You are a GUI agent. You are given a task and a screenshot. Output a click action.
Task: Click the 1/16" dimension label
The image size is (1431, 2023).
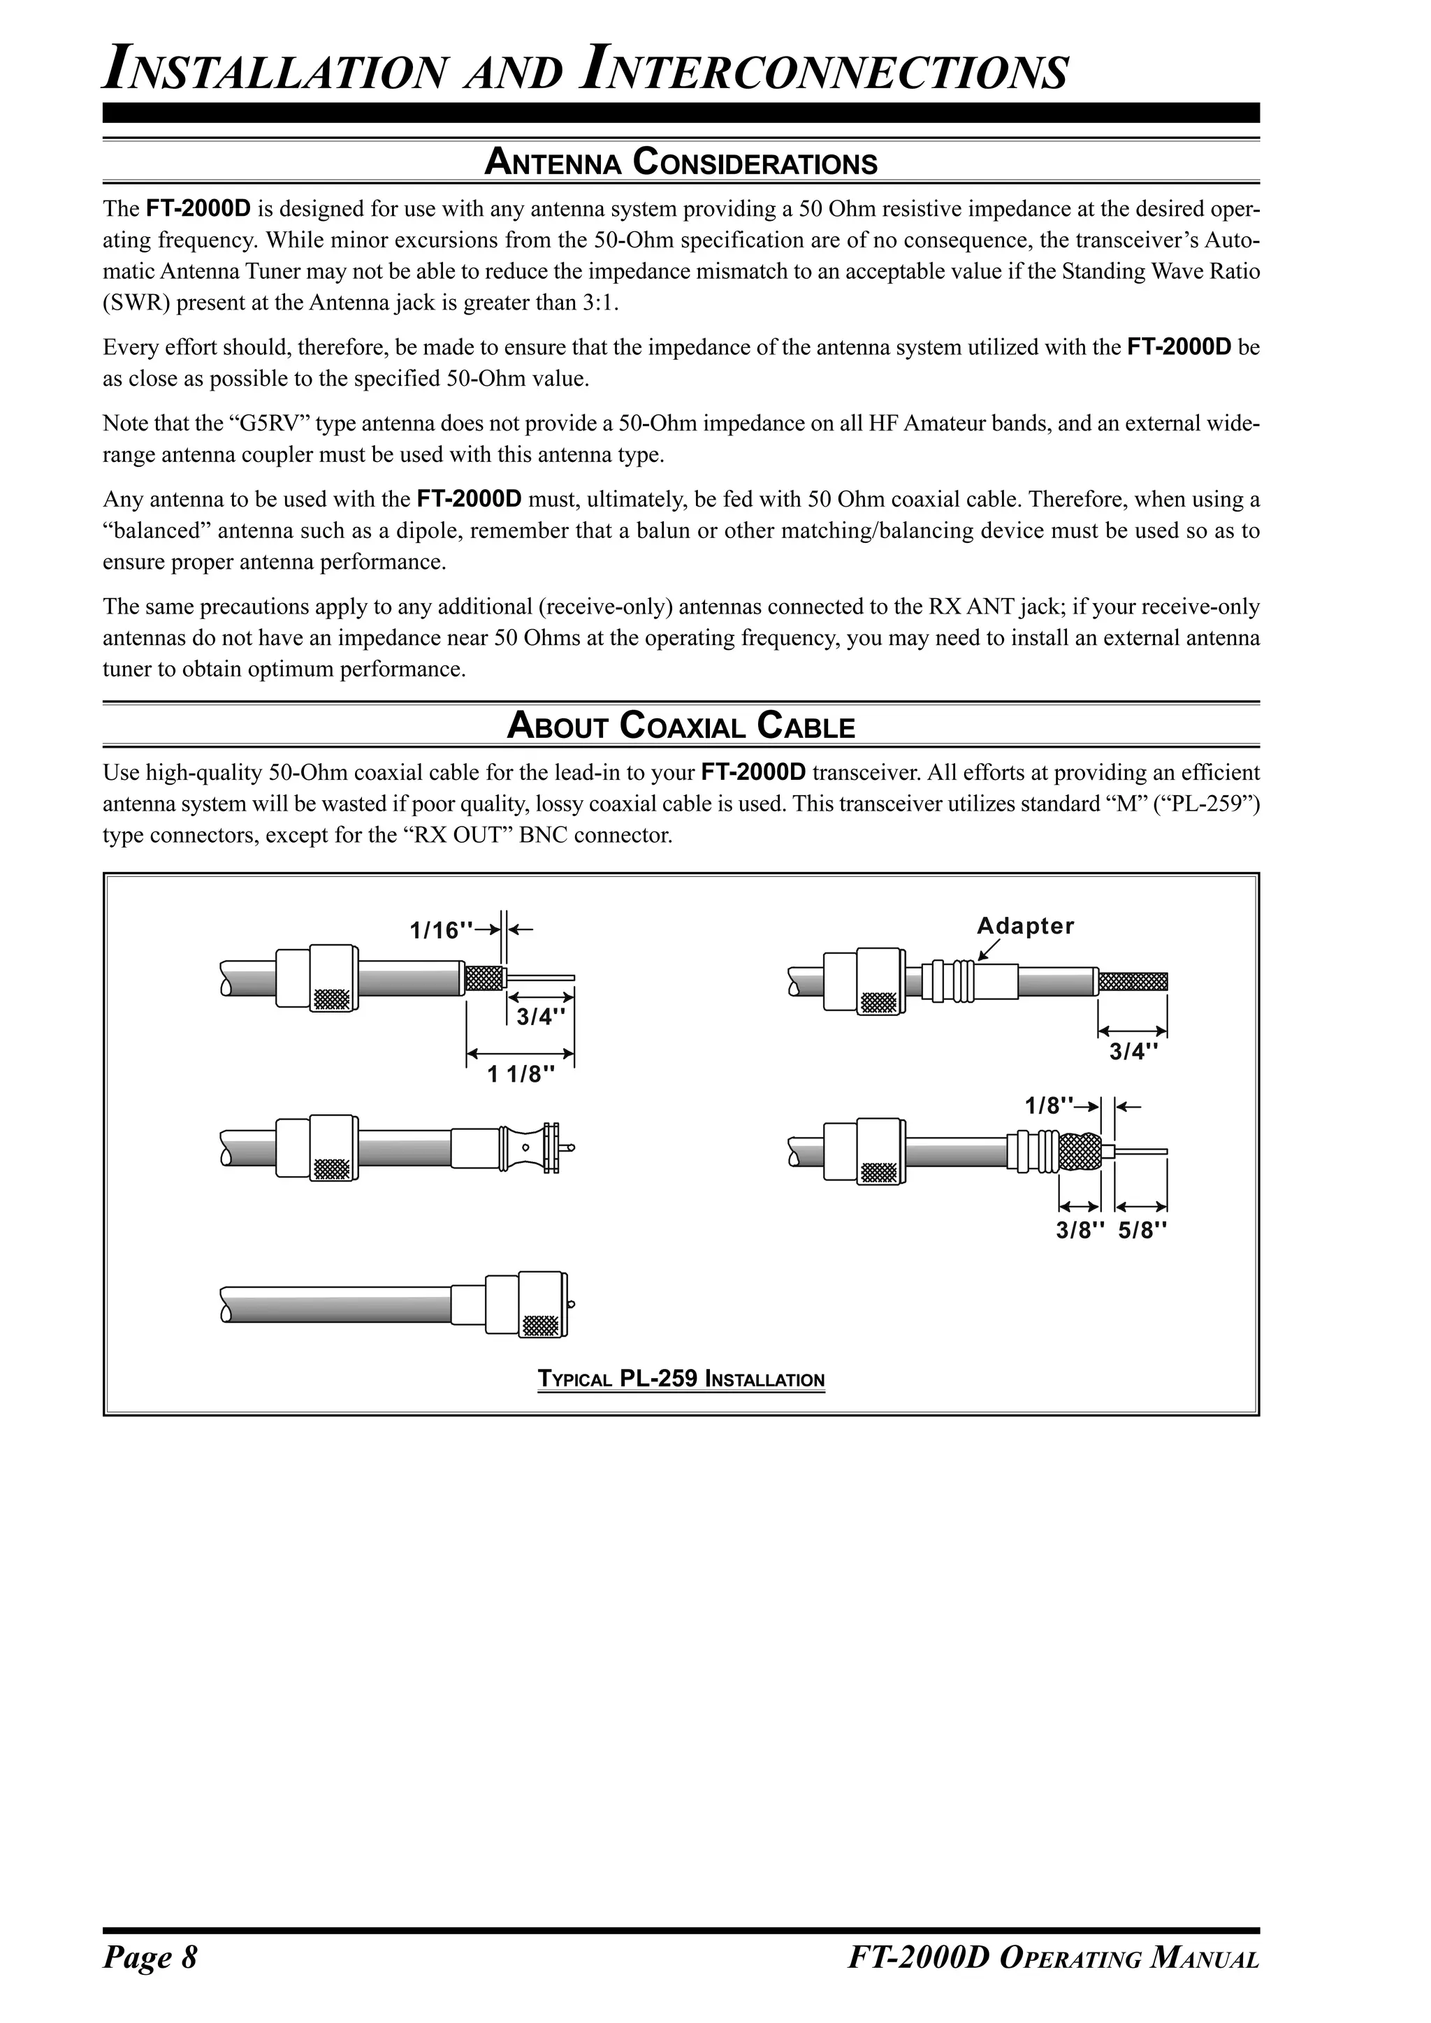pyautogui.click(x=442, y=930)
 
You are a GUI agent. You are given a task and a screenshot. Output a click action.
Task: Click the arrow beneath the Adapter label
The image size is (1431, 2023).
pyautogui.click(x=989, y=949)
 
